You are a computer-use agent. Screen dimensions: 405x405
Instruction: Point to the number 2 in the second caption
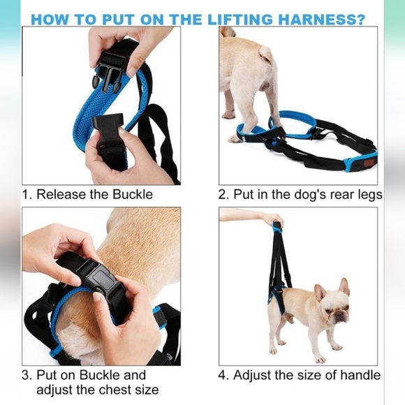pyautogui.click(x=223, y=194)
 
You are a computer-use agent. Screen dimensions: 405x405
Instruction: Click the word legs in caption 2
pyautogui.click(x=367, y=194)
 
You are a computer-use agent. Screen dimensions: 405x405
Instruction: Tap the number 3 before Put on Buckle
pyautogui.click(x=26, y=375)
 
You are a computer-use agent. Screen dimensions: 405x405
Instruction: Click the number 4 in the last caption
pyautogui.click(x=223, y=375)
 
